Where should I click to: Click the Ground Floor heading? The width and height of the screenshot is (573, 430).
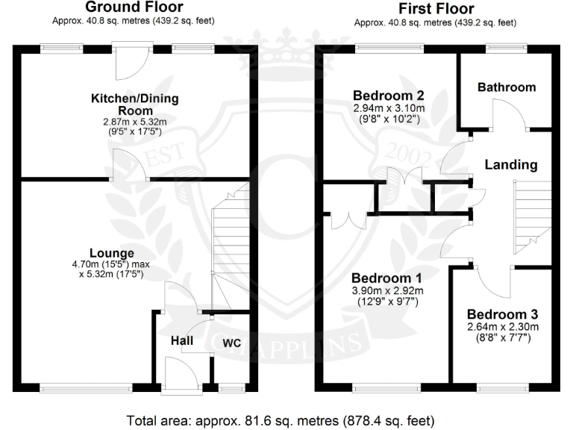click(x=134, y=7)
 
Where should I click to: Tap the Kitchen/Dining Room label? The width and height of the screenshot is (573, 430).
click(x=134, y=105)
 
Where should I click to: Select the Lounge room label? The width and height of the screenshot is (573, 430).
click(x=111, y=253)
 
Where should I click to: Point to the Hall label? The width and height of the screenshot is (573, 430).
click(x=181, y=341)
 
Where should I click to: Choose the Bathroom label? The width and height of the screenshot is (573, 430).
click(x=507, y=87)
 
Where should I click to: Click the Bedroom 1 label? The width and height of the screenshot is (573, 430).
click(x=388, y=276)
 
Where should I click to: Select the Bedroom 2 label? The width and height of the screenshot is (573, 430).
click(x=389, y=96)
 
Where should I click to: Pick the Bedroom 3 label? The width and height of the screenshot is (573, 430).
click(x=502, y=314)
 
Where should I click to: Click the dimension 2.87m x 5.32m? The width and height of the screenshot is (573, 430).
click(x=134, y=122)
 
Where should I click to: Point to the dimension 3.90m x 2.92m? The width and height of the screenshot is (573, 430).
click(x=388, y=290)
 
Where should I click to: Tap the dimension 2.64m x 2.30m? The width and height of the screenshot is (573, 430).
click(x=502, y=327)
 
